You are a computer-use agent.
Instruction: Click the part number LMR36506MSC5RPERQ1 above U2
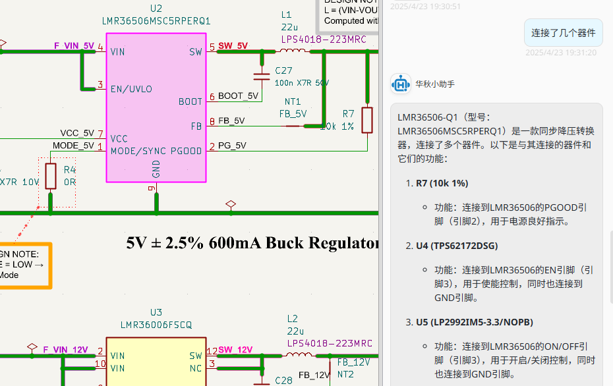(x=156, y=21)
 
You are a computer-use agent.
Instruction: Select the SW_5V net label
(x=233, y=46)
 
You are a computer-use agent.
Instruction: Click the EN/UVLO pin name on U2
(x=131, y=89)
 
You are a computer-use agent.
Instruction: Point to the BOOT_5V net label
(x=238, y=96)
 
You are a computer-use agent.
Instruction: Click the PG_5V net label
(x=232, y=146)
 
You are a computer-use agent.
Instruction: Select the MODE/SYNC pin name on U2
(x=138, y=152)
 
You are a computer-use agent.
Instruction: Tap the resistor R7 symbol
(x=367, y=120)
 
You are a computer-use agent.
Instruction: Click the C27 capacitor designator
(x=283, y=70)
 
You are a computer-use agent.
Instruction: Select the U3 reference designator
(x=156, y=312)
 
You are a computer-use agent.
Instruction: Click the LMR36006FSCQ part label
(x=156, y=325)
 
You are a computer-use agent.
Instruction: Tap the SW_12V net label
(x=235, y=350)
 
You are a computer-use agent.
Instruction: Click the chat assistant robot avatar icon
(x=401, y=84)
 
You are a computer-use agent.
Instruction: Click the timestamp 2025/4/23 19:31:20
(x=560, y=53)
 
